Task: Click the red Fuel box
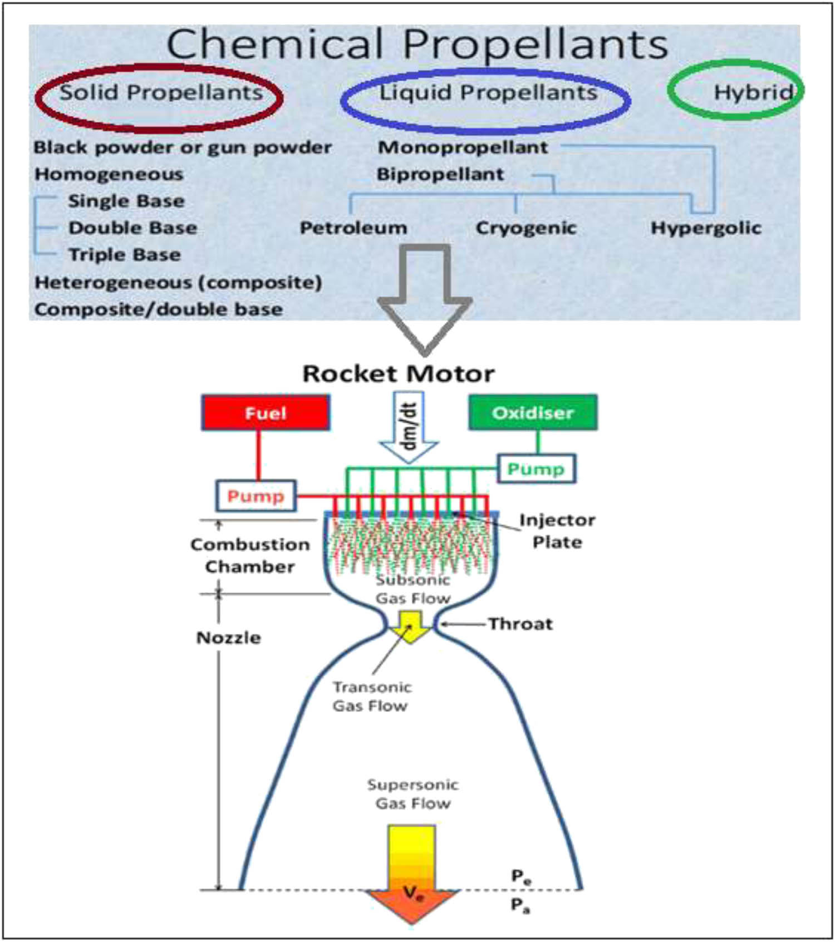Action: pyautogui.click(x=266, y=413)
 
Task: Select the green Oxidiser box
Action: pyautogui.click(x=533, y=412)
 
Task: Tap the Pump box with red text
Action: pyautogui.click(x=256, y=495)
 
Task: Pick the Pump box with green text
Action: pyautogui.click(x=536, y=468)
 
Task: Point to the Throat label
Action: pyautogui.click(x=520, y=624)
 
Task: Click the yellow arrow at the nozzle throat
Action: pyautogui.click(x=410, y=627)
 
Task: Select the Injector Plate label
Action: pyautogui.click(x=557, y=531)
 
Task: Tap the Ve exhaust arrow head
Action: pyautogui.click(x=412, y=905)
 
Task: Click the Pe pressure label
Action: pyautogui.click(x=521, y=877)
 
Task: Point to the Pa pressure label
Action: pyautogui.click(x=520, y=906)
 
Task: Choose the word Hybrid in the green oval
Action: pyautogui.click(x=753, y=92)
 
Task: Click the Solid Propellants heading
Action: pyautogui.click(x=161, y=92)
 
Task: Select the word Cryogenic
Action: pyautogui.click(x=525, y=228)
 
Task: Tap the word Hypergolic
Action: pyautogui.click(x=706, y=228)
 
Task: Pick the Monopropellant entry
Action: pyautogui.click(x=463, y=147)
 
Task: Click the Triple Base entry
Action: pyautogui.click(x=125, y=254)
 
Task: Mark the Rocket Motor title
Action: pyautogui.click(x=398, y=373)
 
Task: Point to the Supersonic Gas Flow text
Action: pyautogui.click(x=412, y=794)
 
